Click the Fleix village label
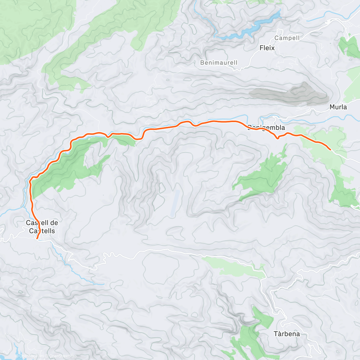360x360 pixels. pos(267,48)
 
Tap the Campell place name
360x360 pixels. pos(287,38)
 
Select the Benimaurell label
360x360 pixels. pos(219,63)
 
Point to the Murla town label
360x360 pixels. pos(338,107)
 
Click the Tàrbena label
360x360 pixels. pos(287,334)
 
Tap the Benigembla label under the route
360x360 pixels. pos(266,128)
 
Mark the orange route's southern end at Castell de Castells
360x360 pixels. pos(37,239)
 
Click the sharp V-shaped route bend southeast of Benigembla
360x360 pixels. pos(278,138)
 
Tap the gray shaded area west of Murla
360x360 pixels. pos(288,94)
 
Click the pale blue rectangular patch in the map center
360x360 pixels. pos(175,203)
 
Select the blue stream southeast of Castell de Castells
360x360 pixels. pos(75,270)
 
